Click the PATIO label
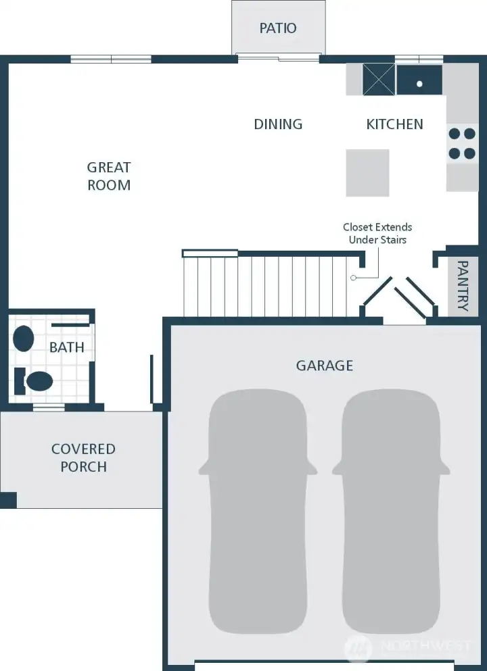click(x=278, y=28)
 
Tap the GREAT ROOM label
click(x=109, y=176)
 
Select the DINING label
click(x=278, y=124)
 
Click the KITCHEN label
click(x=394, y=124)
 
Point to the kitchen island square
click(x=368, y=173)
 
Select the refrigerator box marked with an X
click(x=378, y=80)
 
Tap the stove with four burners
click(x=462, y=143)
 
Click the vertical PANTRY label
click(x=463, y=286)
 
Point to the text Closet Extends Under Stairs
click(x=377, y=233)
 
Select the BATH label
click(x=67, y=347)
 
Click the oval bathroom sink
click(x=24, y=339)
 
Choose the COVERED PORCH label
click(x=83, y=457)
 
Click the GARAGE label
click(x=325, y=366)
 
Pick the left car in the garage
click(x=258, y=514)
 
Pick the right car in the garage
click(x=390, y=514)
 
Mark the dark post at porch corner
click(x=8, y=500)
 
